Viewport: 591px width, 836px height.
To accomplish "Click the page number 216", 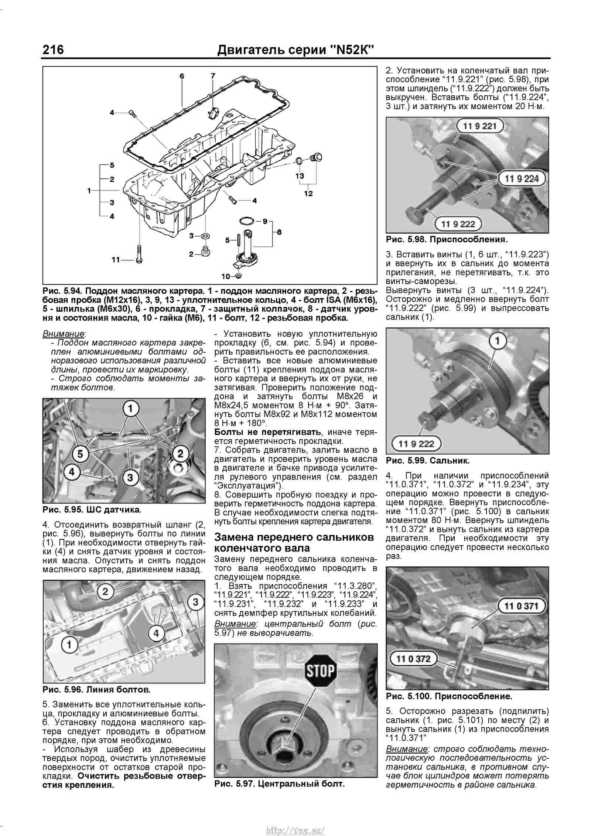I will (53, 50).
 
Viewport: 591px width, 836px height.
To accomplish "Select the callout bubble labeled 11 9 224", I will (522, 179).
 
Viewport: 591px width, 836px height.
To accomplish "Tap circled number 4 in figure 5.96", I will (156, 633).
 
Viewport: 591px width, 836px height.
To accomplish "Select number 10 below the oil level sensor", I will (225, 276).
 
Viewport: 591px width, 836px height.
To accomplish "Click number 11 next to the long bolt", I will (116, 260).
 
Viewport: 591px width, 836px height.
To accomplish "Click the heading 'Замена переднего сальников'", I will (294, 537).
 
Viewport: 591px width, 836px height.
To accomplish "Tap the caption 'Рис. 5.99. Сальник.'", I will (427, 461).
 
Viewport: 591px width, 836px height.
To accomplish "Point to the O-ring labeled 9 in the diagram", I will (246, 221).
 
